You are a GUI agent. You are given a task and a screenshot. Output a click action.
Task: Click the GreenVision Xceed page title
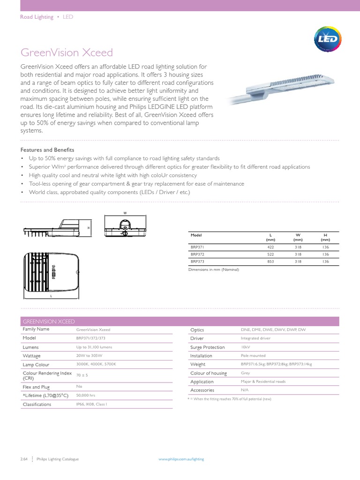(x=67, y=52)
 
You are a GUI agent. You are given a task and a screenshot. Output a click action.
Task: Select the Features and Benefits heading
(x=47, y=150)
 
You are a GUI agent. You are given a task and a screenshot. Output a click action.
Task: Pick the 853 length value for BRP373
(x=270, y=262)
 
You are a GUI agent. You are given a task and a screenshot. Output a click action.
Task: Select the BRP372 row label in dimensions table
(x=197, y=254)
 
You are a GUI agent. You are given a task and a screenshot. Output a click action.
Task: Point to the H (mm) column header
(x=325, y=237)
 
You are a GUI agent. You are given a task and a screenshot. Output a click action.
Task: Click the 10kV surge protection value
(x=246, y=347)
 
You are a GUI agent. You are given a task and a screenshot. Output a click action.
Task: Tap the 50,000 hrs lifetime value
(x=86, y=395)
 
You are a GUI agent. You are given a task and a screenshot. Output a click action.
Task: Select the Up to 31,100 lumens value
(x=94, y=347)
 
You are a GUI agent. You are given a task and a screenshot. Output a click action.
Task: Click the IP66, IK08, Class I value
(x=95, y=404)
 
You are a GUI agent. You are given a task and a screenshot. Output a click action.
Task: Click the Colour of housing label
(x=209, y=373)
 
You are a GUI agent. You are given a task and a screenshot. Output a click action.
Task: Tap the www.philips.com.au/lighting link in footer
(x=181, y=459)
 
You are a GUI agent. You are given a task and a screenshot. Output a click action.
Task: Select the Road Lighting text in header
(x=36, y=17)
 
